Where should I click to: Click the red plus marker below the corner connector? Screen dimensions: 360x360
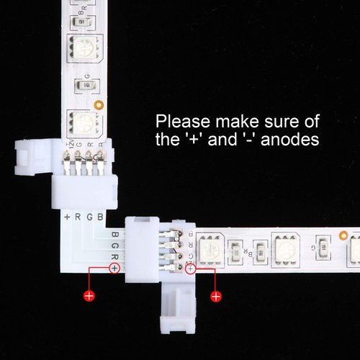[x=89, y=295]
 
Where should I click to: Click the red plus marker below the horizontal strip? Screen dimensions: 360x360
[x=214, y=295]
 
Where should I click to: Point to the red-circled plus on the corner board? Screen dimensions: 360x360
[x=114, y=268]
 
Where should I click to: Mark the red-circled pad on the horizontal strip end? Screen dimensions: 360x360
[x=190, y=269]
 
